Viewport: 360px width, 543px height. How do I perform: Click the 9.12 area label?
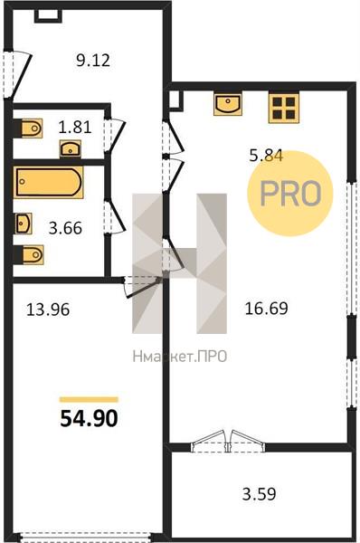pyautogui.click(x=93, y=61)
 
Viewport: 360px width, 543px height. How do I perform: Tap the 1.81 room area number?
pyautogui.click(x=75, y=127)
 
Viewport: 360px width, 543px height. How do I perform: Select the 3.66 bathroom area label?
pyautogui.click(x=65, y=228)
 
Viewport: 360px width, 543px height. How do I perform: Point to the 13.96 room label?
pyautogui.click(x=48, y=310)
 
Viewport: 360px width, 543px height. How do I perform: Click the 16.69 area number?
pyautogui.click(x=266, y=309)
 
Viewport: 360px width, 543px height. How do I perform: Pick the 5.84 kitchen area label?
pyautogui.click(x=267, y=155)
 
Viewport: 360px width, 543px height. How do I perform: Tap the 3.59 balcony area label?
pyautogui.click(x=260, y=494)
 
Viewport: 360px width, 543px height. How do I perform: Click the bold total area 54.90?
pyautogui.click(x=89, y=418)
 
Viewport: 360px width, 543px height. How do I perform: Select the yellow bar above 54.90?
pyautogui.click(x=89, y=400)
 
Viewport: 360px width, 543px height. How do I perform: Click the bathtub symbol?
pyautogui.click(x=49, y=183)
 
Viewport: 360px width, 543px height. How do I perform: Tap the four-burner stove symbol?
pyautogui.click(x=283, y=109)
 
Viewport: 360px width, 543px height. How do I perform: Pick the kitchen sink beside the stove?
pyautogui.click(x=227, y=104)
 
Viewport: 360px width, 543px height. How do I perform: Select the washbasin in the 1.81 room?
pyautogui.click(x=71, y=149)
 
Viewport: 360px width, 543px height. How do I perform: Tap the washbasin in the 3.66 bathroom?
pyautogui.click(x=23, y=224)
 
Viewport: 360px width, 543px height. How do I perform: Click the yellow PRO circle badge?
pyautogui.click(x=290, y=194)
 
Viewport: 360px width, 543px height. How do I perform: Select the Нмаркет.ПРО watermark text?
pyautogui.click(x=180, y=357)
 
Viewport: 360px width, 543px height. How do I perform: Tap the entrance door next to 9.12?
pyautogui.click(x=17, y=74)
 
